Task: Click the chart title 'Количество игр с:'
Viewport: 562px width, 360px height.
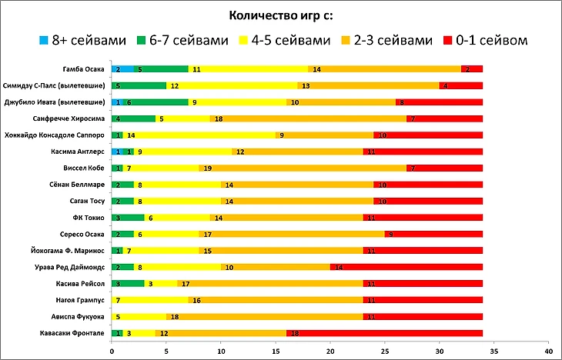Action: pos(281,15)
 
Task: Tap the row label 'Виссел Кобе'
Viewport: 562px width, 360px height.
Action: pos(88,168)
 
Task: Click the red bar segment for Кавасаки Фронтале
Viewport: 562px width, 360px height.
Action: pos(385,333)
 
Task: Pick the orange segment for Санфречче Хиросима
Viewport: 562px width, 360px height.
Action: pos(307,118)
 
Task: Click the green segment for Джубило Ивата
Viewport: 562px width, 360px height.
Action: pos(155,102)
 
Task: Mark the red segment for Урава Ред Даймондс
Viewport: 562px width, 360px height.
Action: pos(406,267)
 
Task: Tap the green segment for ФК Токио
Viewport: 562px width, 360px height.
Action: pos(128,218)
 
